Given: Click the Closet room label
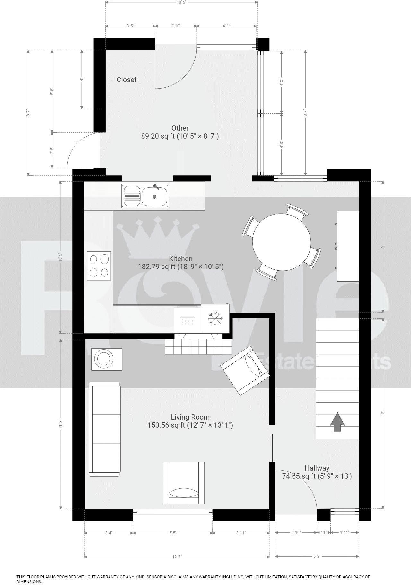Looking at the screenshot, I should [126, 80].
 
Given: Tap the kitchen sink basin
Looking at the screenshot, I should [155, 196].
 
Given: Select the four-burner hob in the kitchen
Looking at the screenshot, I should [99, 266].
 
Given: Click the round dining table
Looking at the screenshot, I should [282, 242].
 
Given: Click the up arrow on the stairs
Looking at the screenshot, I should [337, 422].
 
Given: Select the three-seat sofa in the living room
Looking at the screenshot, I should [104, 429].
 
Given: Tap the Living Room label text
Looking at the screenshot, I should [190, 417].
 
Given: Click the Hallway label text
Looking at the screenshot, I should [317, 468].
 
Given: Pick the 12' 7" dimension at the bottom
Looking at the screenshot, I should [177, 557].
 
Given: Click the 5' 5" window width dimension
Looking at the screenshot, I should [172, 533].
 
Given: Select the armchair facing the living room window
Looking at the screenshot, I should [184, 483].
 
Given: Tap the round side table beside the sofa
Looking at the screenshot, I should [107, 359].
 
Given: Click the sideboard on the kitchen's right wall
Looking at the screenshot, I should [347, 246].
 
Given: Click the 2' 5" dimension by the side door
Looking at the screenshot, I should [52, 150].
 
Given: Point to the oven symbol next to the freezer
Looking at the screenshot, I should [187, 320].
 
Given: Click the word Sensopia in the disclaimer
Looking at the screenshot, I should [157, 577].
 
